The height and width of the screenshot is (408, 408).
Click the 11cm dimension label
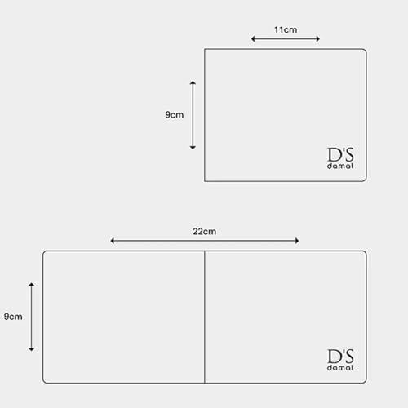pyautogui.click(x=286, y=29)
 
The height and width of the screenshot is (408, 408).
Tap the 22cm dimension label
pyautogui.click(x=205, y=232)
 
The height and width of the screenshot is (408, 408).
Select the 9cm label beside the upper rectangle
pyautogui.click(x=175, y=114)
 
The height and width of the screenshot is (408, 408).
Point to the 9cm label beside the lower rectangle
pyautogui.click(x=13, y=317)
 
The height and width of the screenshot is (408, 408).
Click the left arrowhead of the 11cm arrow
pyautogui.click(x=253, y=39)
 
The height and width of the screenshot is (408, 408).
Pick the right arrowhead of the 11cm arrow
pyautogui.click(x=318, y=39)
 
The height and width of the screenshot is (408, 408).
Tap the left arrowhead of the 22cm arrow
pyautogui.click(x=113, y=241)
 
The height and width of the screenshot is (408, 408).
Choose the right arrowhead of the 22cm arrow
pyautogui.click(x=297, y=241)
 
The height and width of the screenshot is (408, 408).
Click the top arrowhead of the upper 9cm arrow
pyautogui.click(x=193, y=82)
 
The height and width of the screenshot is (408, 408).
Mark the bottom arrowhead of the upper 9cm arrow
pyautogui.click(x=193, y=148)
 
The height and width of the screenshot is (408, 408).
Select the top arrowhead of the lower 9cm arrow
pyautogui.click(x=32, y=285)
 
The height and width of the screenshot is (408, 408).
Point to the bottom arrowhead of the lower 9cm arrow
pyautogui.click(x=32, y=349)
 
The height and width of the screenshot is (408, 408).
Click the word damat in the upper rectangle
pyautogui.click(x=340, y=166)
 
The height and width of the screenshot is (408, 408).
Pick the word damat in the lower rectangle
pyautogui.click(x=340, y=368)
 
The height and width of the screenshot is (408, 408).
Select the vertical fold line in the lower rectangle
pyautogui.click(x=205, y=317)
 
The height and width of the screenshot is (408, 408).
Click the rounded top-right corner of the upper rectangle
pyautogui.click(x=365, y=51)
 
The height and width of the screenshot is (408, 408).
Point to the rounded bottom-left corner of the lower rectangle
pyautogui.click(x=45, y=381)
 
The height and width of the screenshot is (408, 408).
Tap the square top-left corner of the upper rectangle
pyautogui.click(x=205, y=49)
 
